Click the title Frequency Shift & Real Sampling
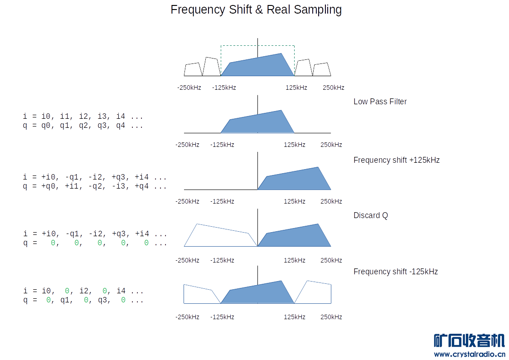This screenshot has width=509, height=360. tap(256, 10)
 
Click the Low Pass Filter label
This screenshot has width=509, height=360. tap(380, 102)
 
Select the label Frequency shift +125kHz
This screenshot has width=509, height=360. tap(396, 160)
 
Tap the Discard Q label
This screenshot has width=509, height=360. tap(370, 215)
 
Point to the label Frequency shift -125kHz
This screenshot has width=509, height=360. tap(395, 272)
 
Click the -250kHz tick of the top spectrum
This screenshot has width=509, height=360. tap(189, 88)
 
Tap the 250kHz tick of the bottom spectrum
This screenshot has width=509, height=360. tap(331, 317)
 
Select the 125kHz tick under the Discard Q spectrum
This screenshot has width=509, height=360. tap(294, 260)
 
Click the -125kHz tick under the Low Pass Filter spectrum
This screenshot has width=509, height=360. tap(222, 145)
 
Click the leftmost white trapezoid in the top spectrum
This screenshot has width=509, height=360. tap(193, 70)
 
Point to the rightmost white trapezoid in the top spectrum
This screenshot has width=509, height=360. tap(321, 70)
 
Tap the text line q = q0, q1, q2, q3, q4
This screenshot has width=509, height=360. tap(83, 126)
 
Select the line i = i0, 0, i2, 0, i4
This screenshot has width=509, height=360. tap(83, 291)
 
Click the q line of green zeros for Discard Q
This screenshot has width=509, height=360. tap(95, 243)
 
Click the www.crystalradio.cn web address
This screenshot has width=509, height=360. tap(469, 354)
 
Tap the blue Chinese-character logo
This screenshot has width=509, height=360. tap(469, 341)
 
